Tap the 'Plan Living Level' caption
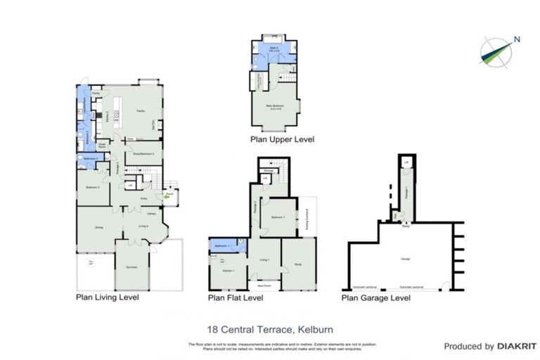107,297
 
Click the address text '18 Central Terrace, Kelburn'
270,328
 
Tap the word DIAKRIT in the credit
518,347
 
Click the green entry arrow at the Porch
167,198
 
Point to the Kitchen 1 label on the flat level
227,271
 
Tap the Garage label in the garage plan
406,259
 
